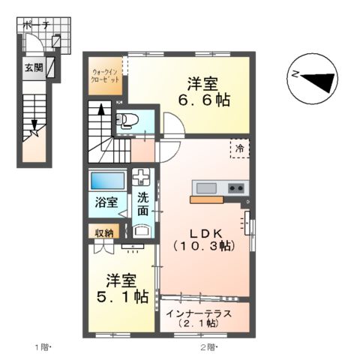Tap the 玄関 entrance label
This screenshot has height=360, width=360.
[x=34, y=67]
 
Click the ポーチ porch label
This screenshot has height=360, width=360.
[x=36, y=25]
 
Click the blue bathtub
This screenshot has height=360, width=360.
[x=107, y=181]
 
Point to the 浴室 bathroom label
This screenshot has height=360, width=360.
[x=106, y=202]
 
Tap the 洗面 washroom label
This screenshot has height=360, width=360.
[x=142, y=205]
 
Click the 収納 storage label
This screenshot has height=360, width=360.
[x=104, y=232]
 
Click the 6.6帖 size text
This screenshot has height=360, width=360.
[x=204, y=99]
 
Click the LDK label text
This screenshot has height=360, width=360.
[x=204, y=232]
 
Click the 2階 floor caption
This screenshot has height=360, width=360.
[x=208, y=346]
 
